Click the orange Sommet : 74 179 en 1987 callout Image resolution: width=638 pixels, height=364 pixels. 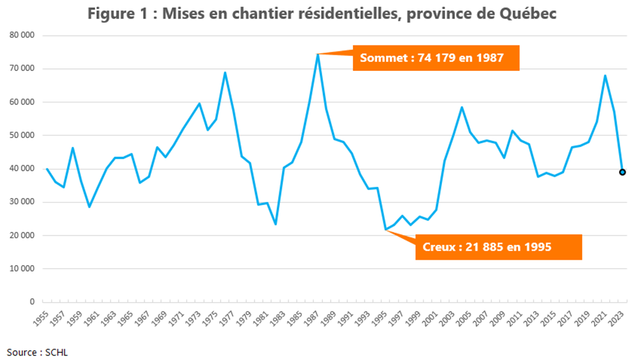tap(436, 58)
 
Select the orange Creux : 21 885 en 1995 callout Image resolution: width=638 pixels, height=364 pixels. tap(497, 247)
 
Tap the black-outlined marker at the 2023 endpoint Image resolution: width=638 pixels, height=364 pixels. tap(622, 172)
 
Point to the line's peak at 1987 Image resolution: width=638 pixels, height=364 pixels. tap(318, 54)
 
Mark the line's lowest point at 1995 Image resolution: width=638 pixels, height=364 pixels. tap(385, 229)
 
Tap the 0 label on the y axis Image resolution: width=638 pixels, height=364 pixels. tap(30, 302)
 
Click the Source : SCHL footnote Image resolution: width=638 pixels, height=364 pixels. tap(38, 352)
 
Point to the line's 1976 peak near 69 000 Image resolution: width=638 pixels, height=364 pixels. tap(225, 72)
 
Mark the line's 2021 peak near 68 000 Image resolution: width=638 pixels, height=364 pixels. tap(605, 76)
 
